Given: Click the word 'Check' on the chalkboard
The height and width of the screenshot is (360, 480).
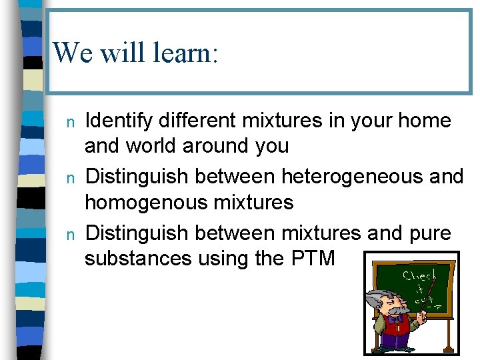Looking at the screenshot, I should pos(419,275).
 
